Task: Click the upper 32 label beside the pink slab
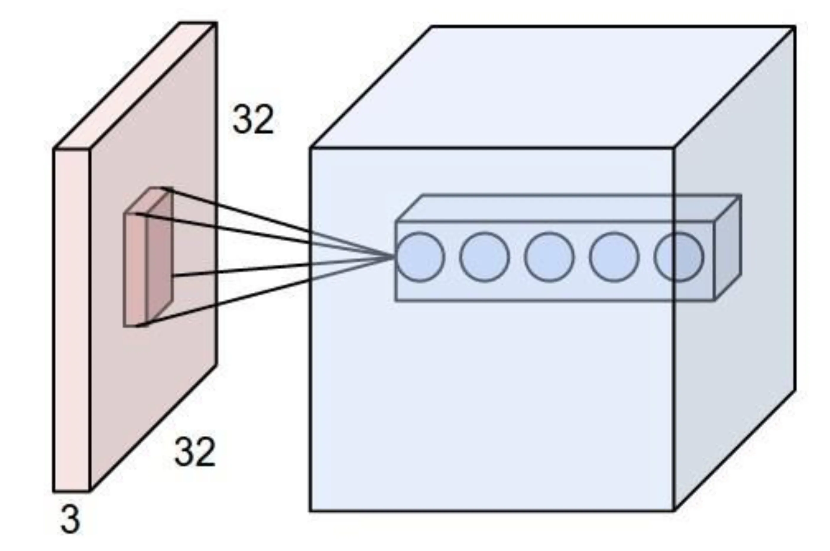253,119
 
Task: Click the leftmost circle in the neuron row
420,257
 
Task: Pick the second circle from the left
484,257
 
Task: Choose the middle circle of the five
549,257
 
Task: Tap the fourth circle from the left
614,257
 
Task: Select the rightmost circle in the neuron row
678,257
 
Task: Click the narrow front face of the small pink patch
135,271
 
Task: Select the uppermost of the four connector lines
239,211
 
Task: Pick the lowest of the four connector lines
228,302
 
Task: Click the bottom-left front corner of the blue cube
310,510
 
